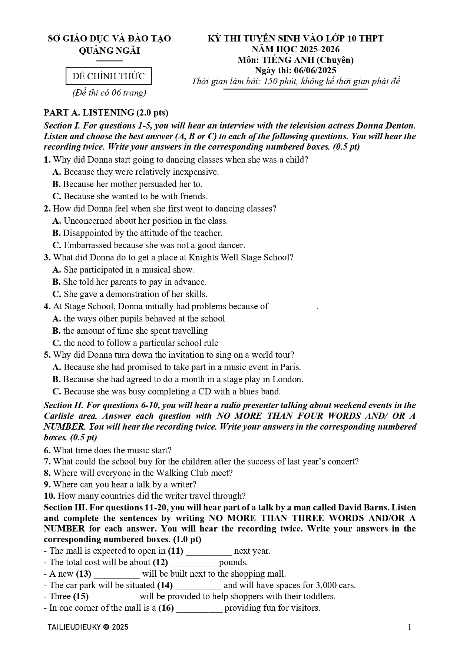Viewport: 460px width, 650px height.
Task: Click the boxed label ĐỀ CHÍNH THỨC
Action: pyautogui.click(x=109, y=76)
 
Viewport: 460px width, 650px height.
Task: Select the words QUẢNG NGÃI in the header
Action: pyautogui.click(x=109, y=50)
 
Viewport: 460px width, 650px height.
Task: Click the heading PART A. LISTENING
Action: pyautogui.click(x=106, y=113)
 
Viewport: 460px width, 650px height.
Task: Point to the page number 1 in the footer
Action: pyautogui.click(x=409, y=627)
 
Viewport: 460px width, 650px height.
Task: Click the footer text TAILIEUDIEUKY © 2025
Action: pyautogui.click(x=88, y=627)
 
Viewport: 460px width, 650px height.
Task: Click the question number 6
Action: pyautogui.click(x=47, y=450)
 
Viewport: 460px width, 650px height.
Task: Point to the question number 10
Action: pyautogui.click(x=49, y=496)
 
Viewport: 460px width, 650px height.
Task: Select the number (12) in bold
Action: pyautogui.click(x=160, y=562)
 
